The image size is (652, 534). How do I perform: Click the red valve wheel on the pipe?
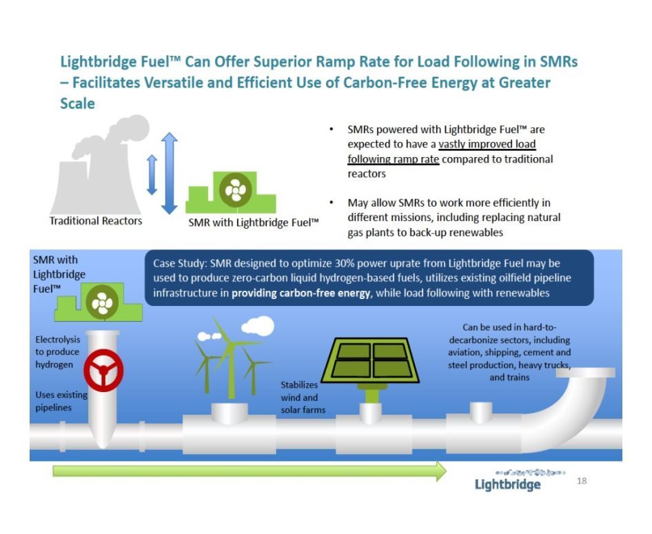pos(103,372)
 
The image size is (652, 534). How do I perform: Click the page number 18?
pos(582,480)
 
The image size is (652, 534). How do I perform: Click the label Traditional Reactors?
pos(96,220)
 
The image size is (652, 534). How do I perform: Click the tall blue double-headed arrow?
pos(169,173)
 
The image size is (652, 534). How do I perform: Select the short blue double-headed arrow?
pos(152,174)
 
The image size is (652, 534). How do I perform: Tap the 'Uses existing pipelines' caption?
pos(54,401)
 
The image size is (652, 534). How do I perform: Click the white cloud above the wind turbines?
pos(256,325)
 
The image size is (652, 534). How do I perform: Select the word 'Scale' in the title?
pos(78,105)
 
